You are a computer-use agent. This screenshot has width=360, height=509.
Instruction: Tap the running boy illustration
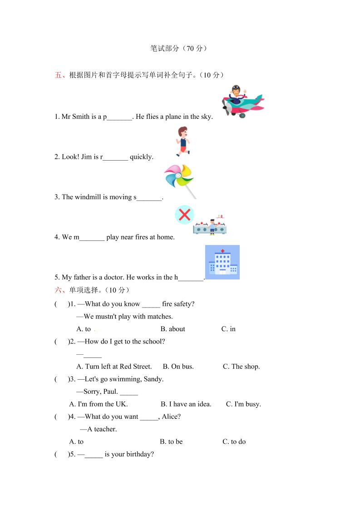click(x=182, y=141)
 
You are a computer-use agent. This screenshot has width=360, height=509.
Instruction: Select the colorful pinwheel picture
click(x=180, y=181)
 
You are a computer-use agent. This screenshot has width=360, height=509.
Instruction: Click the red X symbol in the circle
click(x=184, y=215)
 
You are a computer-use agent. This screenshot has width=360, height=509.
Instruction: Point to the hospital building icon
click(x=222, y=262)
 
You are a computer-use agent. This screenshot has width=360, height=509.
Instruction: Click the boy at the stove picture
click(x=210, y=225)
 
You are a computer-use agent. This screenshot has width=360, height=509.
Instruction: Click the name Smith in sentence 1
click(x=81, y=117)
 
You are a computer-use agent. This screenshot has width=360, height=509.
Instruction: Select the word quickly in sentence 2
click(x=141, y=157)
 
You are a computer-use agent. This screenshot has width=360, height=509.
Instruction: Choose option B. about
click(x=173, y=329)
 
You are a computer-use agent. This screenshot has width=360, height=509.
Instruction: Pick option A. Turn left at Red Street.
click(x=114, y=367)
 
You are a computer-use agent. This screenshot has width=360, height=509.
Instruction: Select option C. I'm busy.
click(x=243, y=404)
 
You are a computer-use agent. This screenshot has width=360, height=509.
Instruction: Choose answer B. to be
click(x=171, y=441)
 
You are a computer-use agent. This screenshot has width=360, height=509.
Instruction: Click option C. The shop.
click(x=241, y=367)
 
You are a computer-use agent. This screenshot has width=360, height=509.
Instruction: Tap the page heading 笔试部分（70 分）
click(x=179, y=48)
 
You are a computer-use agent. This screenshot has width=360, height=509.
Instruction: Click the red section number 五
click(x=58, y=75)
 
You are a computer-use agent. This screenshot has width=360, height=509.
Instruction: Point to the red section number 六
click(x=58, y=290)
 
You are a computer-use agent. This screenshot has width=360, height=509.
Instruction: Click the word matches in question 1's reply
click(x=160, y=316)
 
